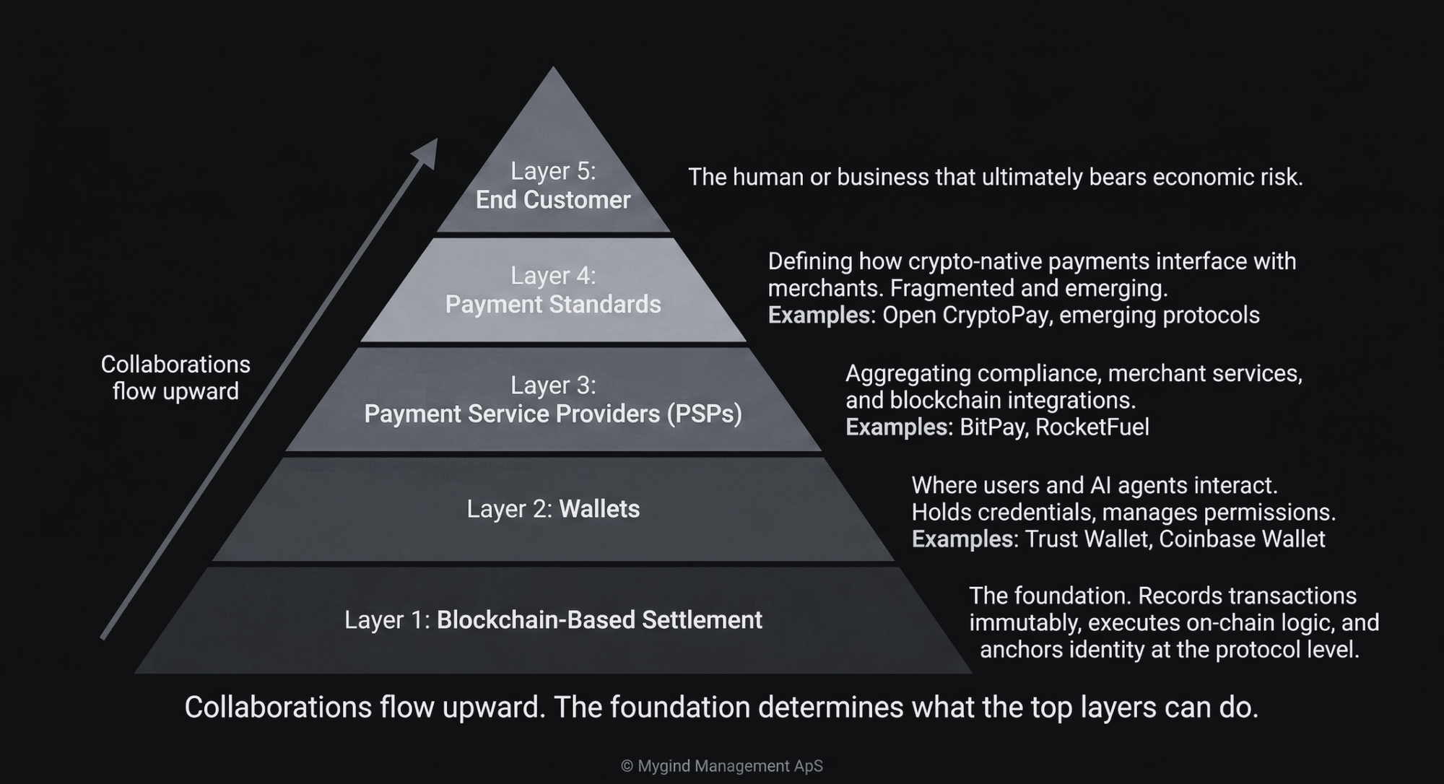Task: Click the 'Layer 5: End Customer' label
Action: pos(553,186)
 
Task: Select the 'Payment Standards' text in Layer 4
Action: pos(553,305)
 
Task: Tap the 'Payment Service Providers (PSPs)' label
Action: pos(553,414)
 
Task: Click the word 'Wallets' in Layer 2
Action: pos(599,509)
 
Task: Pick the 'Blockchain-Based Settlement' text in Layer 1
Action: pos(599,620)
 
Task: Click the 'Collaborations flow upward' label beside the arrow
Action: pos(175,378)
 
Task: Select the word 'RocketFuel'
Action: pos(1092,427)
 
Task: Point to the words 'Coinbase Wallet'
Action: pos(1242,539)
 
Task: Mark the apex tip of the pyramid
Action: pos(553,67)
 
